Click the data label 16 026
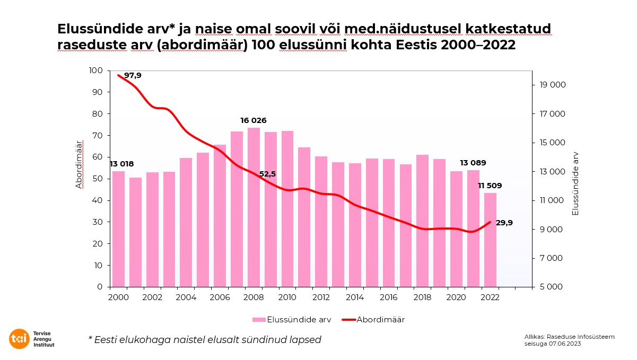click(x=253, y=120)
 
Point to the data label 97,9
click(x=133, y=76)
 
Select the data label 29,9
click(x=504, y=223)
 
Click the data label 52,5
click(x=267, y=174)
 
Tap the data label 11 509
click(x=490, y=186)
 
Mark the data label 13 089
click(x=473, y=163)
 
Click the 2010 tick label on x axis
click(x=287, y=297)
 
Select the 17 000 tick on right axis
click(x=551, y=114)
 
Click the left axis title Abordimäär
click(x=79, y=164)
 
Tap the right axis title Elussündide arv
click(x=575, y=183)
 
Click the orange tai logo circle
click(x=20, y=339)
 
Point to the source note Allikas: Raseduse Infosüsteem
click(x=569, y=337)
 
